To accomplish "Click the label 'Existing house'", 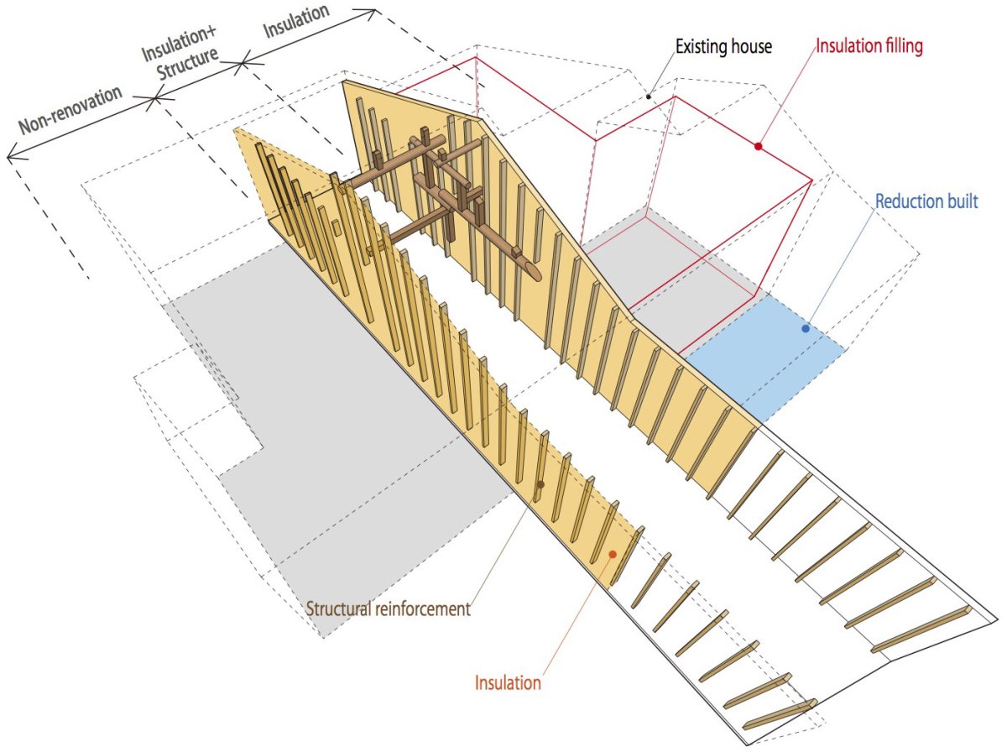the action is [x=723, y=46].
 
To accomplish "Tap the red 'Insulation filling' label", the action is [x=869, y=46].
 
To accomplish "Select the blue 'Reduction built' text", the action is [x=926, y=201].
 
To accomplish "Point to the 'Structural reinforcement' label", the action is [x=389, y=608].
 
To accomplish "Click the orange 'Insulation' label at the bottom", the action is [x=508, y=682].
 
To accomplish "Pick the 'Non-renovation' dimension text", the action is [x=70, y=110].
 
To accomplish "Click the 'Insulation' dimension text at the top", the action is [x=296, y=21].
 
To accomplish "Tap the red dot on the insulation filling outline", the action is [x=759, y=146].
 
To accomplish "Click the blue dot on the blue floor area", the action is [x=805, y=328].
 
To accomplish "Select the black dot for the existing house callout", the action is [x=648, y=97].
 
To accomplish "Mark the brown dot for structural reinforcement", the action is [x=540, y=484].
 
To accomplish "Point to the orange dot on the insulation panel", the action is [x=612, y=554].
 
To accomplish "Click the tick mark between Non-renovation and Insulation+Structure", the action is [x=154, y=99].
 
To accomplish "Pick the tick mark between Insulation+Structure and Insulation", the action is [x=243, y=64].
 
